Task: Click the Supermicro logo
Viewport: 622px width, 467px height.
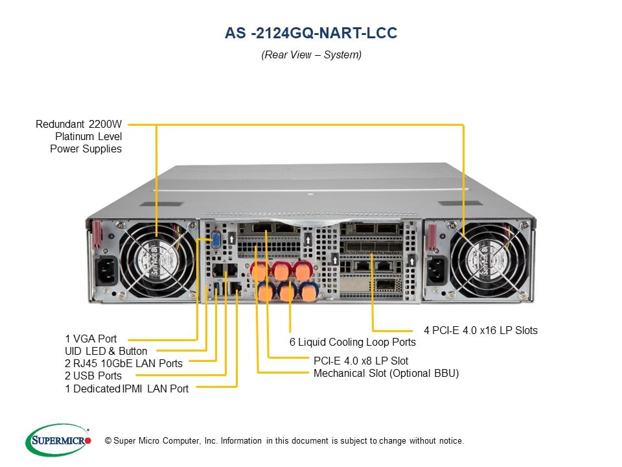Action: pos(58,440)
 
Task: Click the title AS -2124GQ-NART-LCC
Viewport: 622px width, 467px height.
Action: pos(310,33)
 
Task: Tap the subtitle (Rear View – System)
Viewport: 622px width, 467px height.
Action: pos(311,55)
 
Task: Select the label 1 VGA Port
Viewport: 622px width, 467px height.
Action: pos(91,339)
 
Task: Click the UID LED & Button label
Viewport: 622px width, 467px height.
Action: pos(106,351)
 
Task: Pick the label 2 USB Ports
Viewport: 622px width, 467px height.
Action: pos(93,376)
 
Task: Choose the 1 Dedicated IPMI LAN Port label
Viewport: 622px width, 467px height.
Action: pos(127,389)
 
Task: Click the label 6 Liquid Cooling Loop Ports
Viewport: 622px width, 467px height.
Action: pos(352,342)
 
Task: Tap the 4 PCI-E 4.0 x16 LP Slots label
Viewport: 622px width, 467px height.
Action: pos(481,330)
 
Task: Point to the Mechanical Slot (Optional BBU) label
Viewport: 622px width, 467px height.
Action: pos(386,373)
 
